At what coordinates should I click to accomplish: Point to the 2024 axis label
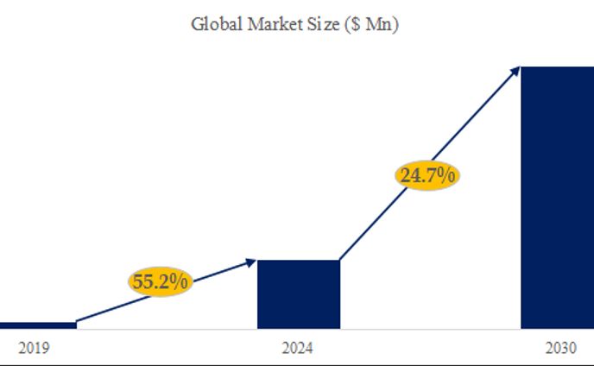pos(298,349)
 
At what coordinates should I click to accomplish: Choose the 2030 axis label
pos(560,349)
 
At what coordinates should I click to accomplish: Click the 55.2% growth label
pos(161,281)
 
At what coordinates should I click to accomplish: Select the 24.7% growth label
pos(427,176)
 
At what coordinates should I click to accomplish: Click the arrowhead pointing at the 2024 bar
pos(251,261)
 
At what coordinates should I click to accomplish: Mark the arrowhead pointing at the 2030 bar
pos(515,70)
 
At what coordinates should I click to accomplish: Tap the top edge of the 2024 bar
pos(299,261)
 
